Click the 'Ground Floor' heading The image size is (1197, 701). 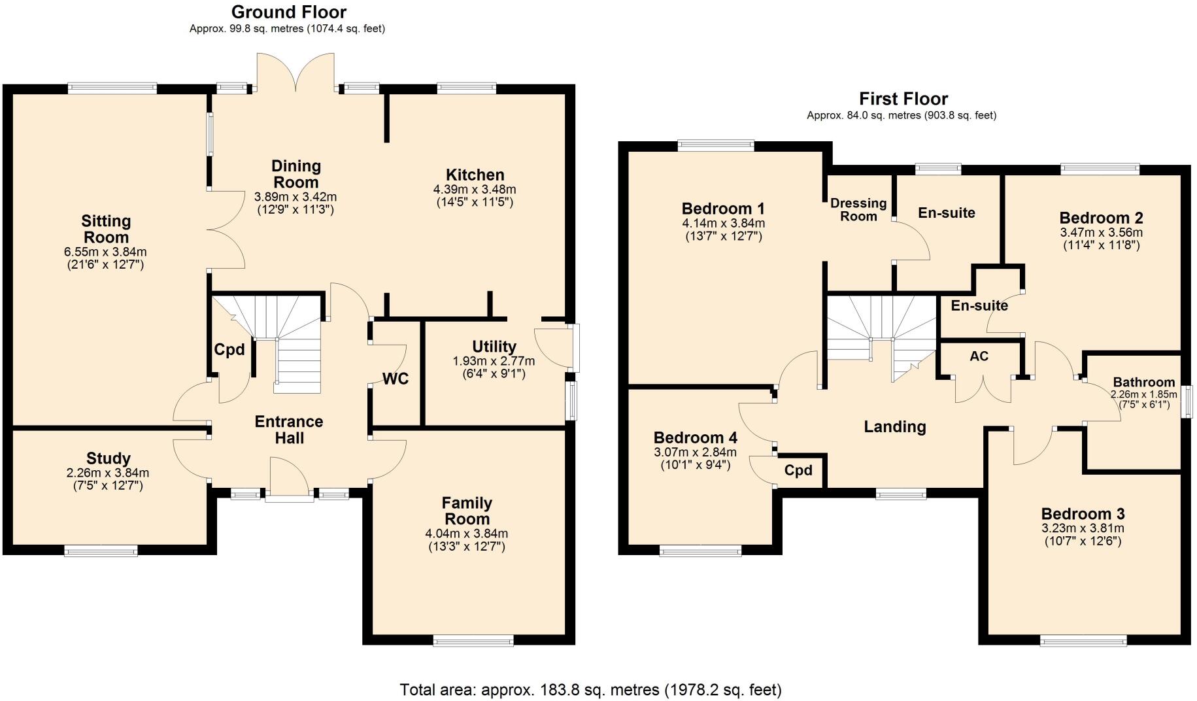[288, 12]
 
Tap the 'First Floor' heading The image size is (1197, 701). [903, 99]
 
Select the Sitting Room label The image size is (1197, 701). [106, 229]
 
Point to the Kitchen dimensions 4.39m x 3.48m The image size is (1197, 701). [475, 190]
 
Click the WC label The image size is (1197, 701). [395, 379]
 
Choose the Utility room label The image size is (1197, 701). [494, 347]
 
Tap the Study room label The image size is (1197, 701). [108, 458]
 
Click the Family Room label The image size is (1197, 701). [466, 511]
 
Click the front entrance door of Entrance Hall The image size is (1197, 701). [289, 481]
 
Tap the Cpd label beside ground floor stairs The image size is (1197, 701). [229, 350]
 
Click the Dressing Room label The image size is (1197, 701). [858, 209]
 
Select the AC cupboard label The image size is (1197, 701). [979, 356]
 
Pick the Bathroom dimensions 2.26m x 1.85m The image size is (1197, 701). [1143, 394]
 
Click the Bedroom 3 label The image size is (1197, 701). [1083, 514]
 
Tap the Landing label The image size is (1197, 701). [894, 427]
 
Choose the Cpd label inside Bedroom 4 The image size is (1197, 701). [798, 470]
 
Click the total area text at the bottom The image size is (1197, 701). [590, 689]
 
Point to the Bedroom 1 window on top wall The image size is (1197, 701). [716, 146]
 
